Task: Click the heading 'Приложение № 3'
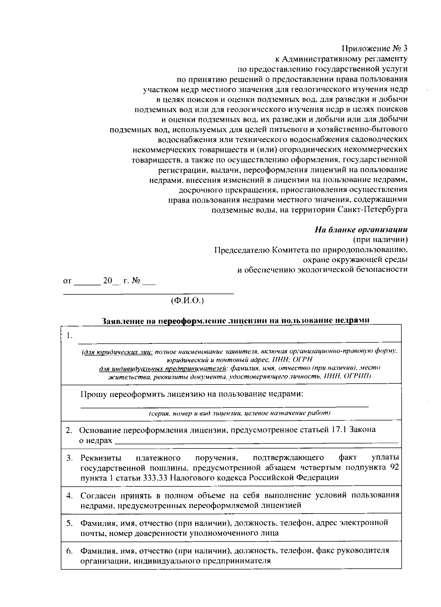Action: pos(375,49)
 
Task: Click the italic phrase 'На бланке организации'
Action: pos(361,230)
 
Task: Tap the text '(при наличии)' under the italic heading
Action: pos(380,240)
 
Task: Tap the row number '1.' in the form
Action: pos(69,336)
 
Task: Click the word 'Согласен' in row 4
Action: pos(97,495)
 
